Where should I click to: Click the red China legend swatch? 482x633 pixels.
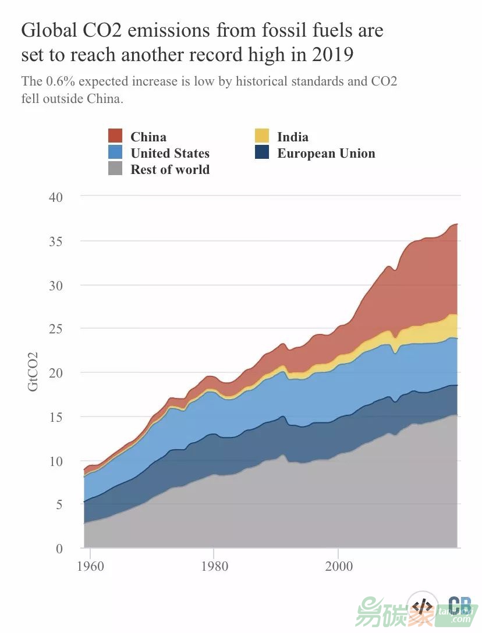[x=115, y=137]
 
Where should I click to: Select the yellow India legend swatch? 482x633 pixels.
[x=262, y=137]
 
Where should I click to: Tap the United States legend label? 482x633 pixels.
[x=170, y=154]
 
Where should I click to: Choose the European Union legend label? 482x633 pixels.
[x=326, y=154]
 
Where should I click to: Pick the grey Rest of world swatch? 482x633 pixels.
[x=115, y=170]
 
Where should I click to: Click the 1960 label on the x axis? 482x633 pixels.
[x=90, y=566]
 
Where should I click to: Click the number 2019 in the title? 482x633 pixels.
[x=332, y=55]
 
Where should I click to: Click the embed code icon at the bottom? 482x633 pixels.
[x=423, y=606]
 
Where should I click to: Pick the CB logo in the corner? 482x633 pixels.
[x=460, y=605]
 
